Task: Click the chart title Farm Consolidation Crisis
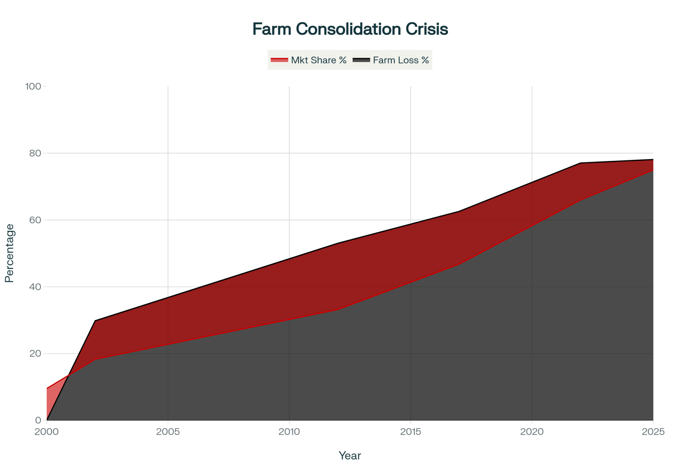point(350,29)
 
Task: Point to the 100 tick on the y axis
point(33,86)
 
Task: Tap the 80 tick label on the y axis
point(35,153)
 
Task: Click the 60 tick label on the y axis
point(35,220)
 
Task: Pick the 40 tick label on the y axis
point(35,287)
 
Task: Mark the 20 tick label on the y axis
point(35,353)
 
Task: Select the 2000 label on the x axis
point(47,432)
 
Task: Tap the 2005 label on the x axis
point(168,432)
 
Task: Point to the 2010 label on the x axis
point(289,432)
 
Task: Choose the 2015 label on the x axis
point(411,432)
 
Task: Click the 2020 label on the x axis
point(532,432)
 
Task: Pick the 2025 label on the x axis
point(653,432)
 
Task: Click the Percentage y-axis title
point(9,253)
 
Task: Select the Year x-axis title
point(350,456)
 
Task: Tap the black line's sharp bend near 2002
point(95,321)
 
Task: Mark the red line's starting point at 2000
point(47,388)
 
